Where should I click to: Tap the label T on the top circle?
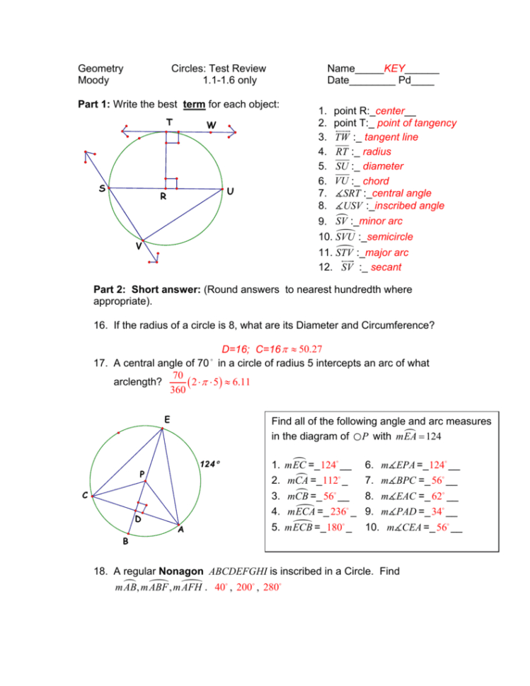coord(168,122)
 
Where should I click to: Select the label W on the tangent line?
coord(211,125)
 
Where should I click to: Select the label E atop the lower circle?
coord(166,419)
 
